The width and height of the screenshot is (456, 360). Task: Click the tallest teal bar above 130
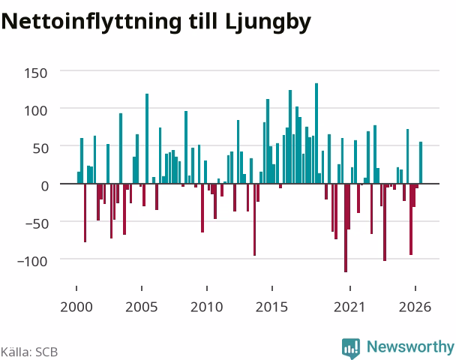click(316, 133)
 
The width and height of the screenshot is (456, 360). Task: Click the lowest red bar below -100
click(346, 228)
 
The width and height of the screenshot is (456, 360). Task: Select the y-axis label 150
click(35, 73)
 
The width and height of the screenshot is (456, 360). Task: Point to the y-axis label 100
click(35, 111)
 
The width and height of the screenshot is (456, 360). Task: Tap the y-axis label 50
click(40, 148)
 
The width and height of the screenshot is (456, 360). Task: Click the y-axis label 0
click(44, 186)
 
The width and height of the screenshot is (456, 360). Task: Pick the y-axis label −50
click(36, 224)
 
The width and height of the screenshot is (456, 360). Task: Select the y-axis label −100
click(32, 262)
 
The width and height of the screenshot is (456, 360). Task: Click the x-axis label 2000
click(76, 307)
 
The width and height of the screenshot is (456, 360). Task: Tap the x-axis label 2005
click(142, 307)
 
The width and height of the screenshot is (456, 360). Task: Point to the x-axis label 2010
click(207, 307)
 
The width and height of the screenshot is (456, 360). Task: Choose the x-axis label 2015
click(272, 307)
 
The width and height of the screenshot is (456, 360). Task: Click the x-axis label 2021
click(349, 307)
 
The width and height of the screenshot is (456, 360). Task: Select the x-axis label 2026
click(415, 307)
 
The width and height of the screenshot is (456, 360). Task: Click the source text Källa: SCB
click(29, 352)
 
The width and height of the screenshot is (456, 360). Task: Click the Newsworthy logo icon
click(351, 348)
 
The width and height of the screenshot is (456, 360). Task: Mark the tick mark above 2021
click(350, 288)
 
